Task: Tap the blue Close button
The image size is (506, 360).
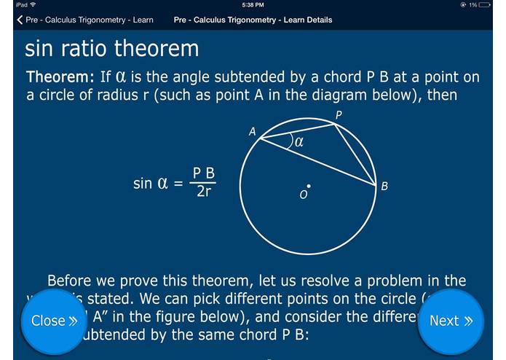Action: pos(54,321)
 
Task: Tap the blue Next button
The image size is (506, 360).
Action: pos(451,321)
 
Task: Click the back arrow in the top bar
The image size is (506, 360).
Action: pos(20,20)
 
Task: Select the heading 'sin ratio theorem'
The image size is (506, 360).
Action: pos(111,49)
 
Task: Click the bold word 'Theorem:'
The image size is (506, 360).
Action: pos(60,77)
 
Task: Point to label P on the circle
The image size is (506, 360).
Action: pos(339,115)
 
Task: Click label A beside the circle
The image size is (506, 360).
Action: pos(252,132)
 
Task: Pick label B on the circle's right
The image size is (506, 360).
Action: pos(384,187)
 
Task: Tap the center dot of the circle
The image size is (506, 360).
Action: pos(309,185)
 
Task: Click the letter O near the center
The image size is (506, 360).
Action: pos(304,195)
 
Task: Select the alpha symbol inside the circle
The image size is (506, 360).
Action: pos(299,142)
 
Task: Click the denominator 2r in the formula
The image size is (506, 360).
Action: pos(205,193)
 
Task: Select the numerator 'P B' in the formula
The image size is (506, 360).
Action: pos(204,173)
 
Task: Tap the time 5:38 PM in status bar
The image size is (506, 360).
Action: pos(253,5)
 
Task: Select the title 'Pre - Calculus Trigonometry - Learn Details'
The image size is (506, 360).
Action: pos(253,20)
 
